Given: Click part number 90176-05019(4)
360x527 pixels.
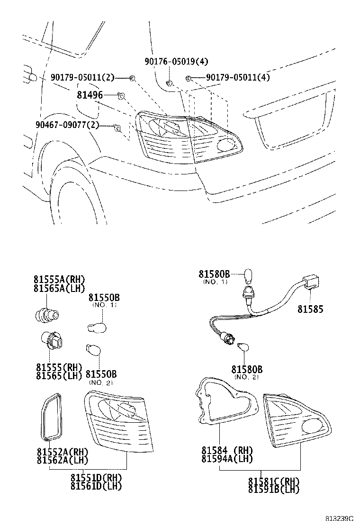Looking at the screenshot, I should tap(176, 62).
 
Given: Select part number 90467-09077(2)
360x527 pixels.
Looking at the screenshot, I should tap(67, 125).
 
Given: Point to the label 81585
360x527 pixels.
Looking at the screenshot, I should tap(310, 309).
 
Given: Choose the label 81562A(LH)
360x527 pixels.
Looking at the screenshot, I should tap(62, 459).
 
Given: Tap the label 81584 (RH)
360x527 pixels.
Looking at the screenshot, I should tap(227, 450).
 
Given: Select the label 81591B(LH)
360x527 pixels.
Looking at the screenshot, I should tap(274, 489).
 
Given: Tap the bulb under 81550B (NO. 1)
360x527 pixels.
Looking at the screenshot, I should tap(98, 327).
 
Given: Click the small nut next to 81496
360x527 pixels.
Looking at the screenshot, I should tap(121, 96).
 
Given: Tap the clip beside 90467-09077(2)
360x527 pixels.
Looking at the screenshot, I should tap(117, 127).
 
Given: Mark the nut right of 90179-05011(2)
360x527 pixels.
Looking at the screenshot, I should tap(133, 78).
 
